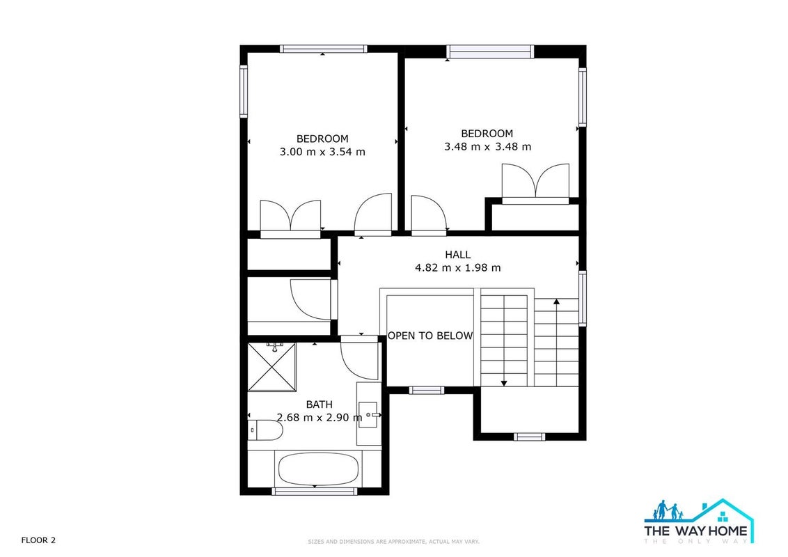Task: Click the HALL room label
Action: pyautogui.click(x=458, y=254)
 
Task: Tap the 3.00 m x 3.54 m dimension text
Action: pyautogui.click(x=322, y=152)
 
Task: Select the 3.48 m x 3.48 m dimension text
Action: pyautogui.click(x=487, y=147)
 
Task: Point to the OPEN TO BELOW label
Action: pyautogui.click(x=430, y=336)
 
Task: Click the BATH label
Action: pyautogui.click(x=319, y=405)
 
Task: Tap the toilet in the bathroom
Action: pyautogui.click(x=265, y=430)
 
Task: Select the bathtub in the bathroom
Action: pyautogui.click(x=318, y=469)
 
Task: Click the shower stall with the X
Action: pyautogui.click(x=272, y=366)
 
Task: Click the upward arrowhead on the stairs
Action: pyautogui.click(x=556, y=301)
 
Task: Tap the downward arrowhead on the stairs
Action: pyautogui.click(x=503, y=384)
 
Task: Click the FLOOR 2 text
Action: pyautogui.click(x=38, y=540)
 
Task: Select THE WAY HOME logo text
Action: pyautogui.click(x=696, y=531)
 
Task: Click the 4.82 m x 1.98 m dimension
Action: pyautogui.click(x=458, y=268)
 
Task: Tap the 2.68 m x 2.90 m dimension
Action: pyautogui.click(x=319, y=417)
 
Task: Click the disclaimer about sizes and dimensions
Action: pyautogui.click(x=393, y=542)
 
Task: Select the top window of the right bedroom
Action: pyautogui.click(x=489, y=52)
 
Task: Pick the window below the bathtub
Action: pyautogui.click(x=315, y=491)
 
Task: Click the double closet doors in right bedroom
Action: pyautogui.click(x=536, y=182)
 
